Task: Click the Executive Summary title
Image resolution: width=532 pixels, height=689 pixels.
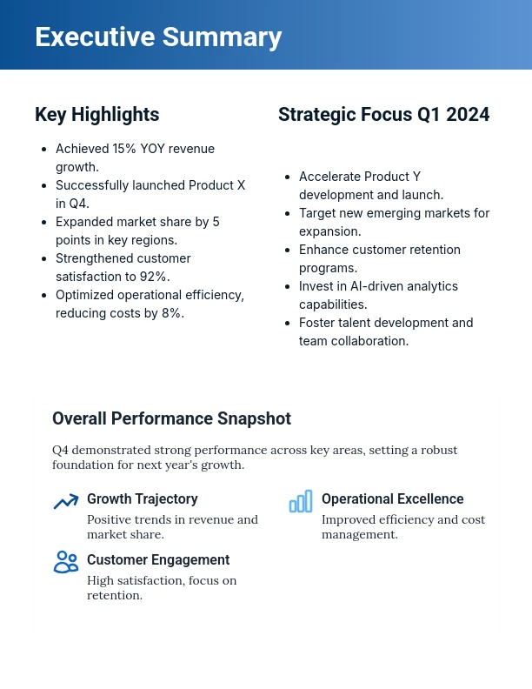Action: pyautogui.click(x=158, y=37)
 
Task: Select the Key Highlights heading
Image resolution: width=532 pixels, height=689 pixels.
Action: pyautogui.click(x=96, y=115)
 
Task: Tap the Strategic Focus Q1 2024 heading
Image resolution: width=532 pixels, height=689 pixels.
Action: pyautogui.click(x=383, y=115)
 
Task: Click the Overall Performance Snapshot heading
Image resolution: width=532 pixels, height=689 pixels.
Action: pyautogui.click(x=171, y=418)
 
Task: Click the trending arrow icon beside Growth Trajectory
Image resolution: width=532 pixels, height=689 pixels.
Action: pyautogui.click(x=66, y=502)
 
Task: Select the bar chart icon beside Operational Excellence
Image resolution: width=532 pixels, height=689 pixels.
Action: pyautogui.click(x=301, y=502)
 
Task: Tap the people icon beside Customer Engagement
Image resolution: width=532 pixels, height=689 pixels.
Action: pyautogui.click(x=66, y=562)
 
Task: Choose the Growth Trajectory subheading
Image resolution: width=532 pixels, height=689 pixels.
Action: pyautogui.click(x=142, y=499)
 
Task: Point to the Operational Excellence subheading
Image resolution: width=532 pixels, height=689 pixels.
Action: pyautogui.click(x=392, y=499)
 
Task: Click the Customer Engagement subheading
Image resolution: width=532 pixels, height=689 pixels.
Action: pyautogui.click(x=158, y=560)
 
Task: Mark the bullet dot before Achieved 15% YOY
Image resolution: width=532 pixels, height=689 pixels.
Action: pyautogui.click(x=44, y=150)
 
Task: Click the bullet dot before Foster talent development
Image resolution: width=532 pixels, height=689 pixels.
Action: pyautogui.click(x=288, y=324)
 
